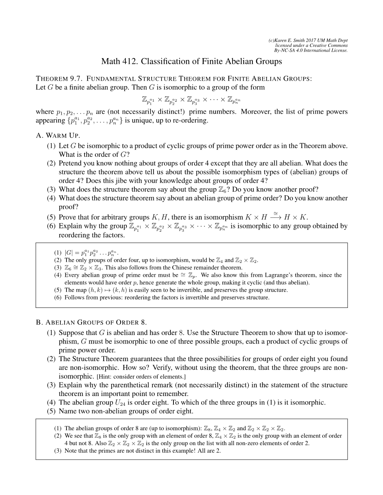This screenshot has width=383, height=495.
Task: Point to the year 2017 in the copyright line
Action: point(317,40)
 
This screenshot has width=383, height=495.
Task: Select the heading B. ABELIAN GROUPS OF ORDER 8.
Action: point(90,322)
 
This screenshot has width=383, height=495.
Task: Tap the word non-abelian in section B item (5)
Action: point(108,411)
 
